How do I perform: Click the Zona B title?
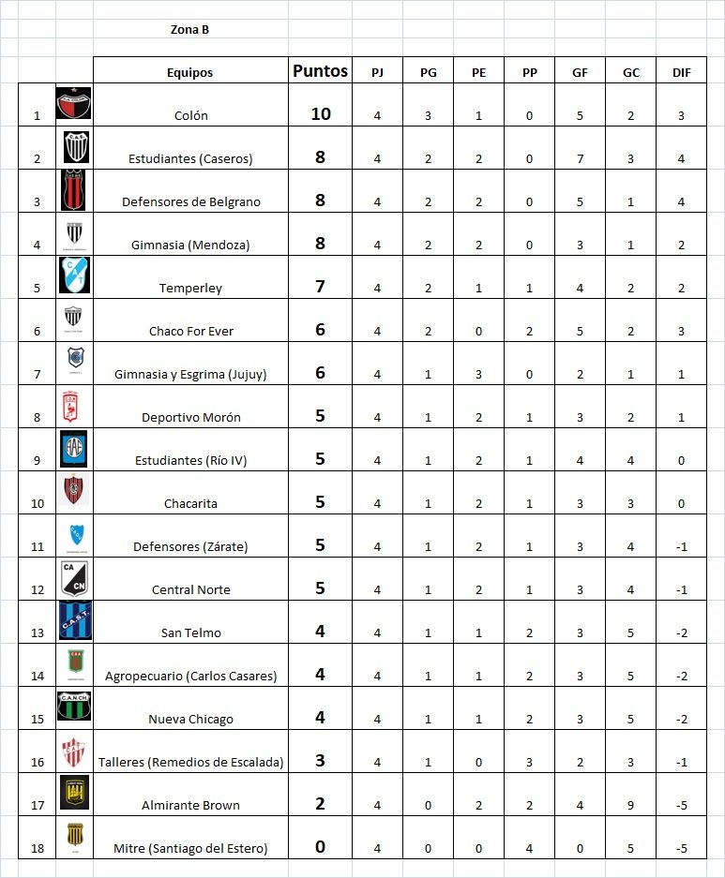point(189,29)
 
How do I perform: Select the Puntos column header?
point(320,71)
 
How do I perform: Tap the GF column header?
point(580,72)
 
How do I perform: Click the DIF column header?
point(682,72)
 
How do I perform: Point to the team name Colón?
point(190,116)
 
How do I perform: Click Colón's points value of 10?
point(320,114)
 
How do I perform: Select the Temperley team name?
point(190,289)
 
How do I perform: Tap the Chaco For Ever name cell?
point(190,332)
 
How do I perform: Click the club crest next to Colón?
point(74,104)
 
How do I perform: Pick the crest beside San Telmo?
point(74,621)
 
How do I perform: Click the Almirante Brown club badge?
point(74,793)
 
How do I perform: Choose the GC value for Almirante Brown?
point(630,806)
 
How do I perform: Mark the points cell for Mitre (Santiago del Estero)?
point(320,847)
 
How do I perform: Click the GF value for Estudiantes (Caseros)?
point(580,159)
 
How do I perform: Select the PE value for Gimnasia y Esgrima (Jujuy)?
point(478,375)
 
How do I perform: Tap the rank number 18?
point(38,849)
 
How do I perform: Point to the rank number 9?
point(38,461)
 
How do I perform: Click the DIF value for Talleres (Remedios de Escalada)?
point(682,763)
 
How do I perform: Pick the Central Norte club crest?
point(74,578)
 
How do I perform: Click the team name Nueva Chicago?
point(190,720)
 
